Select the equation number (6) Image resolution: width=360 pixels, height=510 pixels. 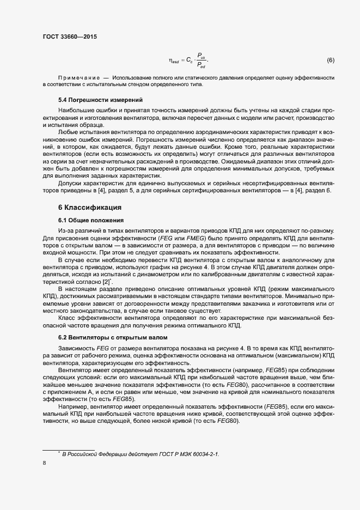[x=330, y=59]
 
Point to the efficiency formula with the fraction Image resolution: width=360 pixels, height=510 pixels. [x=188, y=60]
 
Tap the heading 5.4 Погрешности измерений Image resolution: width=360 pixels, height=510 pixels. [x=93, y=100]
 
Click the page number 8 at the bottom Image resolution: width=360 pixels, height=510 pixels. [x=44, y=464]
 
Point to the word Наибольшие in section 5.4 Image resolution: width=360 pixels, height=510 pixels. [x=75, y=110]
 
